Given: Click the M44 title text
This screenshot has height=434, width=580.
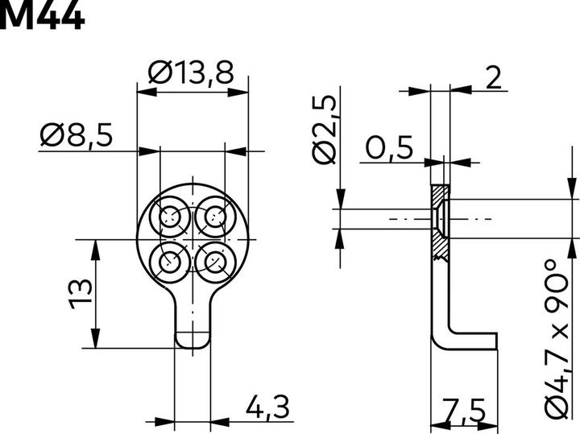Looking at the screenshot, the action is coord(42,14).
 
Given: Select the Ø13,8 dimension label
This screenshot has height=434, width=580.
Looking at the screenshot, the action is coord(191,73).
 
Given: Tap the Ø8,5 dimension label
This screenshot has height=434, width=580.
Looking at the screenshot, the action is coord(77,135).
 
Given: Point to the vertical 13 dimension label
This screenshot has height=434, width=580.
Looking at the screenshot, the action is coord(81,294).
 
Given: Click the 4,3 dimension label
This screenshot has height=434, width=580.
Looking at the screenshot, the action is coord(267,407).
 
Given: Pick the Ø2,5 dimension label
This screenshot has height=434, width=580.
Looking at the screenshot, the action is coord(325,130).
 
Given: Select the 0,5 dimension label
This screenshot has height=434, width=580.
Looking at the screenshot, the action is coord(389,147).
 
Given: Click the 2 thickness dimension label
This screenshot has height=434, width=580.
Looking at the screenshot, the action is coord(494,77).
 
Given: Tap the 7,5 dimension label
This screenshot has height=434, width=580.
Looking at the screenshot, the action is coord(464,411).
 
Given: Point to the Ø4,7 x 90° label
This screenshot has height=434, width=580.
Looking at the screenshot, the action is coord(557,339).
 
